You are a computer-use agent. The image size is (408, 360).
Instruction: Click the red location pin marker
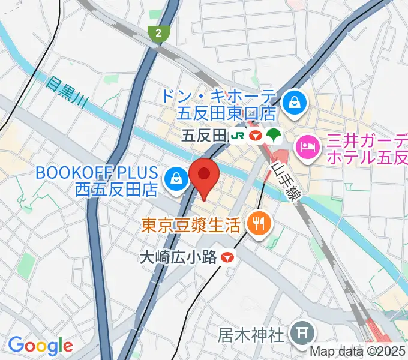(204, 175)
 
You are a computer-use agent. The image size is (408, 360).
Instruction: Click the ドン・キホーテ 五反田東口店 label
(218, 103)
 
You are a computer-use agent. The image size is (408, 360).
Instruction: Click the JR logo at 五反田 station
(236, 136)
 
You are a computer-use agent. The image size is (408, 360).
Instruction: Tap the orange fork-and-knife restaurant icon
(260, 224)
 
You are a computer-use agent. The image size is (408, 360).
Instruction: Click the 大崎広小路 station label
(178, 257)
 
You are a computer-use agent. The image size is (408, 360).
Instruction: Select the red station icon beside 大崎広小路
(227, 257)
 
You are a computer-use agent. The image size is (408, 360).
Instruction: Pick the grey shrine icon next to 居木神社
(299, 331)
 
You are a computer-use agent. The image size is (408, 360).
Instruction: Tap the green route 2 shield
(157, 34)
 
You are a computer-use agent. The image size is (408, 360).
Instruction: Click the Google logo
(40, 346)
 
